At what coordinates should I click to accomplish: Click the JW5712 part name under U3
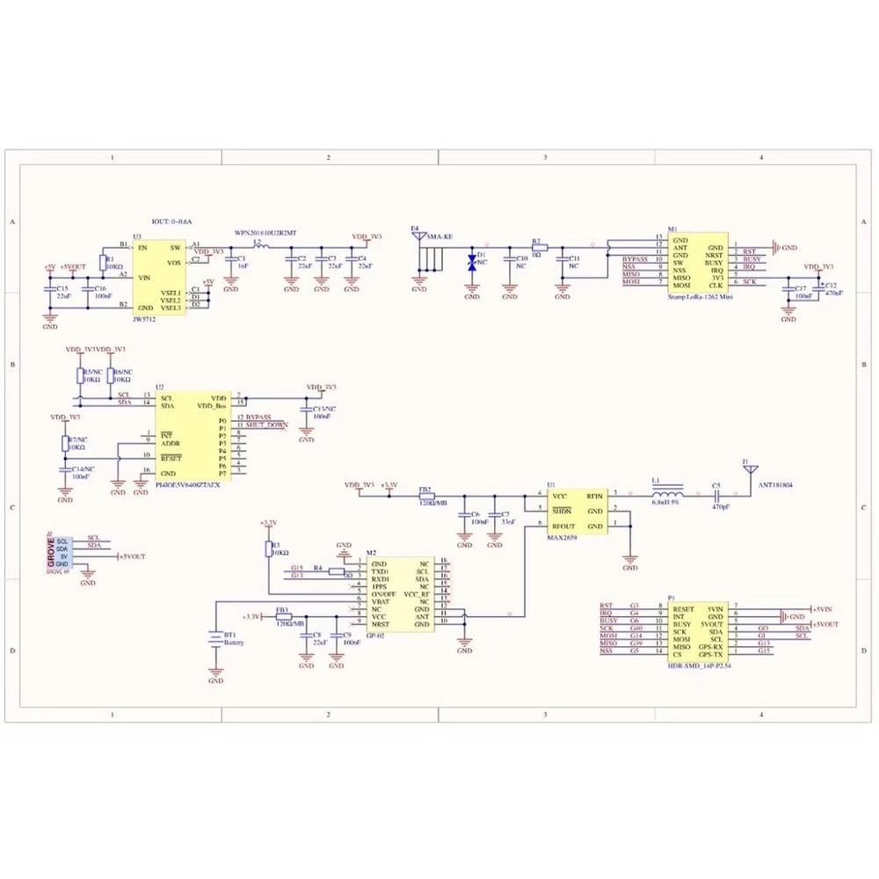[144, 321]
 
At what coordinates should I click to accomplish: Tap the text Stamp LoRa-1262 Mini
[700, 298]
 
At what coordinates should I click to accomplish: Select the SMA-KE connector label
[439, 237]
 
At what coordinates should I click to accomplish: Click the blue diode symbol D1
[472, 262]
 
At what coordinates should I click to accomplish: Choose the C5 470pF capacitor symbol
[716, 496]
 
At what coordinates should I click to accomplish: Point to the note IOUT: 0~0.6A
[171, 223]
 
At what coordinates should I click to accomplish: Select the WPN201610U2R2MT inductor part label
[265, 234]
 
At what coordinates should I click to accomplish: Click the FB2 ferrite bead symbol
[425, 496]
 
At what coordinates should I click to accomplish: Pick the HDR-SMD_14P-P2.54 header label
[701, 667]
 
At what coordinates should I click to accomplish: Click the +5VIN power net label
[824, 608]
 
